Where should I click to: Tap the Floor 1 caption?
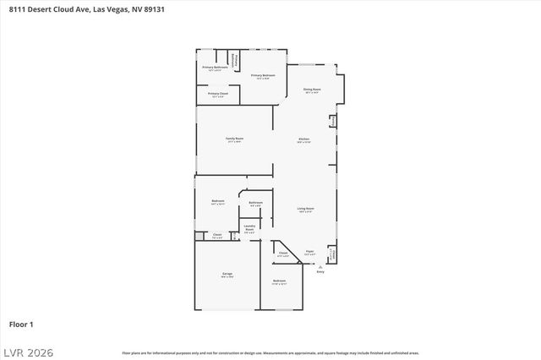click(21, 324)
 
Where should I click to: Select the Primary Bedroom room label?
click(263, 76)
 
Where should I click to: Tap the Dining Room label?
click(311, 89)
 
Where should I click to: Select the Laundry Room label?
click(249, 226)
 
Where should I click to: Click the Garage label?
click(227, 274)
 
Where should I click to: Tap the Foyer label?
click(309, 252)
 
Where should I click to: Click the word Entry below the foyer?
click(320, 272)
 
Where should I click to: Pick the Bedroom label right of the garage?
click(279, 281)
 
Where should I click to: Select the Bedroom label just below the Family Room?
click(217, 200)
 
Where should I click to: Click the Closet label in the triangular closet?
click(283, 253)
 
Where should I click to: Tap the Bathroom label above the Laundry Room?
click(255, 203)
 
